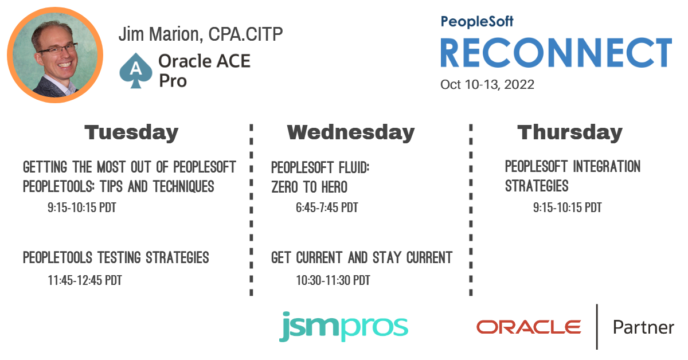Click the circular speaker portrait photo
coord(55,55)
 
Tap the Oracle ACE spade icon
coord(136,71)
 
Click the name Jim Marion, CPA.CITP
coord(201,34)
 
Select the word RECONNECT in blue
coord(556,53)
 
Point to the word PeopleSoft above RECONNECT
coord(477,22)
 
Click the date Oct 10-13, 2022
coord(487,84)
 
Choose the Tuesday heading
coord(131,132)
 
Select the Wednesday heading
coord(351,132)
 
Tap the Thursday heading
coord(570,132)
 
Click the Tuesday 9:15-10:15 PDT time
coord(82,208)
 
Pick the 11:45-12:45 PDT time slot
coord(85,280)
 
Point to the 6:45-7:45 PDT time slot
coord(327,208)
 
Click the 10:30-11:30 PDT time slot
coord(333,280)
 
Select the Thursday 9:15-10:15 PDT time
coord(567,208)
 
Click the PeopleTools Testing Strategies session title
coord(116,257)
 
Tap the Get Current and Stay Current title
coord(362,257)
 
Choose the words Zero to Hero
coord(309,187)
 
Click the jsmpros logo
coord(343,327)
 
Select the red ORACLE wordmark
coord(529,327)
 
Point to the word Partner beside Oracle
coord(643,327)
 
